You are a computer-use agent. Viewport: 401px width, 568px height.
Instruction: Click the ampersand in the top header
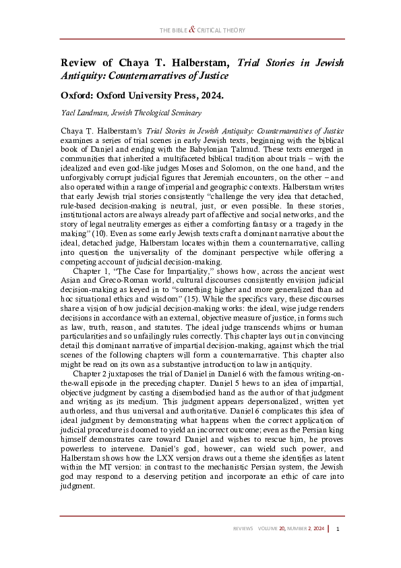[x=192, y=30]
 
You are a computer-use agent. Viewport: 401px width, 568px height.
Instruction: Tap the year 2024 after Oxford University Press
[x=210, y=94]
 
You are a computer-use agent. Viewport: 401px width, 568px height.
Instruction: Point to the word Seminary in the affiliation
[x=184, y=113]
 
